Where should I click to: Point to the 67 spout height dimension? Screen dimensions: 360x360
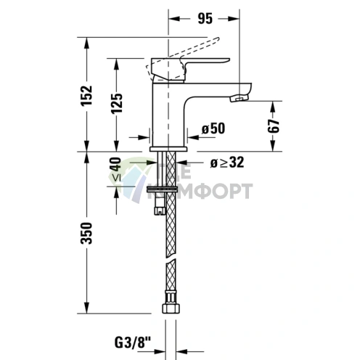[x=274, y=125]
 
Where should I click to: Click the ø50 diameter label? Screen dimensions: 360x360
[x=213, y=128]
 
